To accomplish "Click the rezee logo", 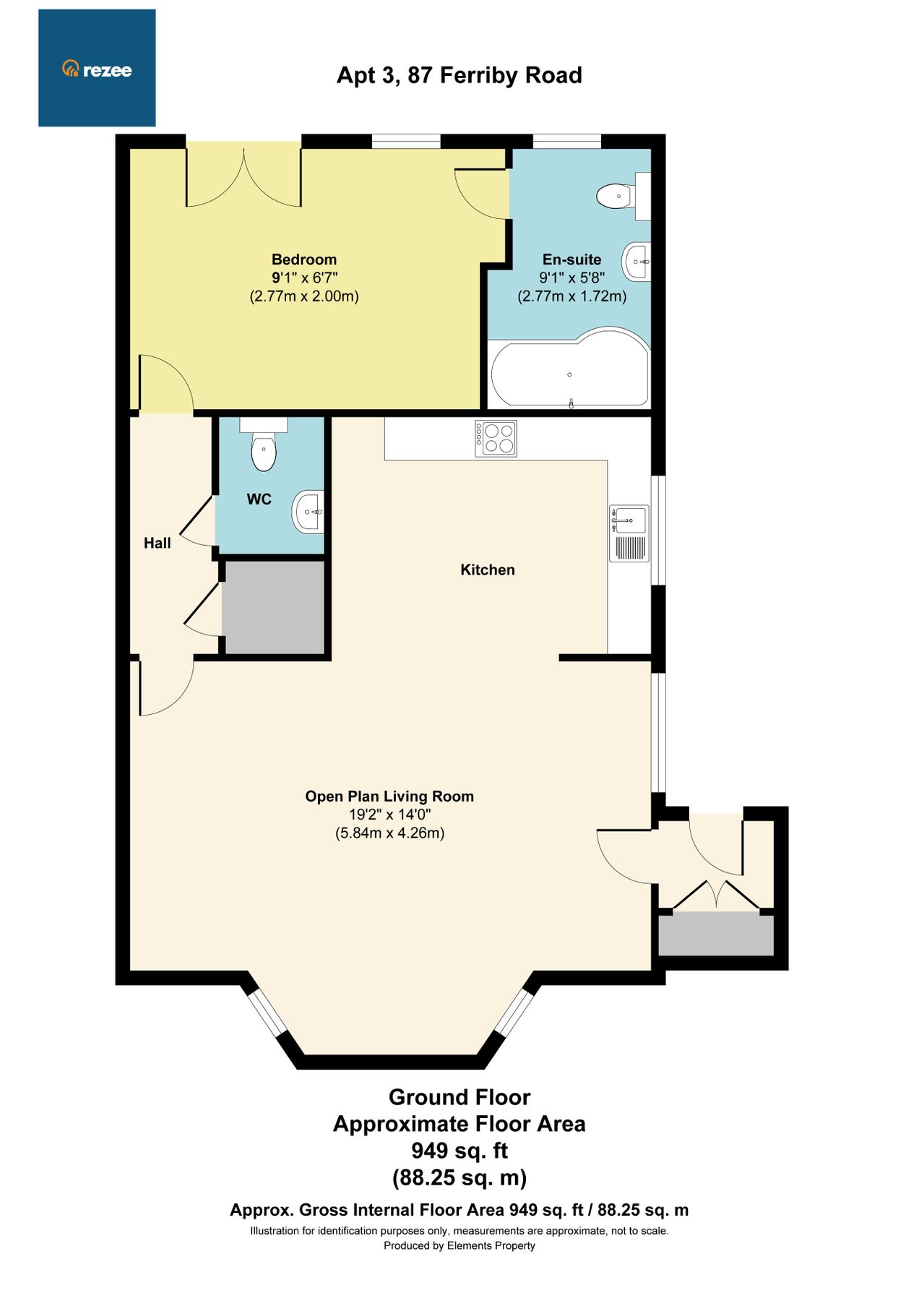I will (x=97, y=69).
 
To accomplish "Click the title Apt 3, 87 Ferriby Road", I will (x=459, y=75).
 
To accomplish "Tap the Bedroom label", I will (x=304, y=259).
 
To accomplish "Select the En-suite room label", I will (x=571, y=259).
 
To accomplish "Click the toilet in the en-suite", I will (x=616, y=196).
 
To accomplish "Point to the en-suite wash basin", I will (x=637, y=262).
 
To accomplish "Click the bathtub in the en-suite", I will (x=569, y=374).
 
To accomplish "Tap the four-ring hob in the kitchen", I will (x=496, y=438).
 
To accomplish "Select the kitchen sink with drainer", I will (x=629, y=533).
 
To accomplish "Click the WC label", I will (x=259, y=499).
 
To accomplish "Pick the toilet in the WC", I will (x=264, y=449).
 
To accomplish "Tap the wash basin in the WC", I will (x=309, y=511).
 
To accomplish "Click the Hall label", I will (x=158, y=543).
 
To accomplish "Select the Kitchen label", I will (x=488, y=570).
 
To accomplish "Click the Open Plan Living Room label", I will (x=389, y=797).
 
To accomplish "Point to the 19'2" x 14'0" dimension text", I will (x=389, y=815).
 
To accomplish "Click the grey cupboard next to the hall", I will (x=273, y=607).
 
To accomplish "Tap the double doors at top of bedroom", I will (x=243, y=177).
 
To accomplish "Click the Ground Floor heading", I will (x=459, y=1097).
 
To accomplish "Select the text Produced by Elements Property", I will (x=459, y=1245).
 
